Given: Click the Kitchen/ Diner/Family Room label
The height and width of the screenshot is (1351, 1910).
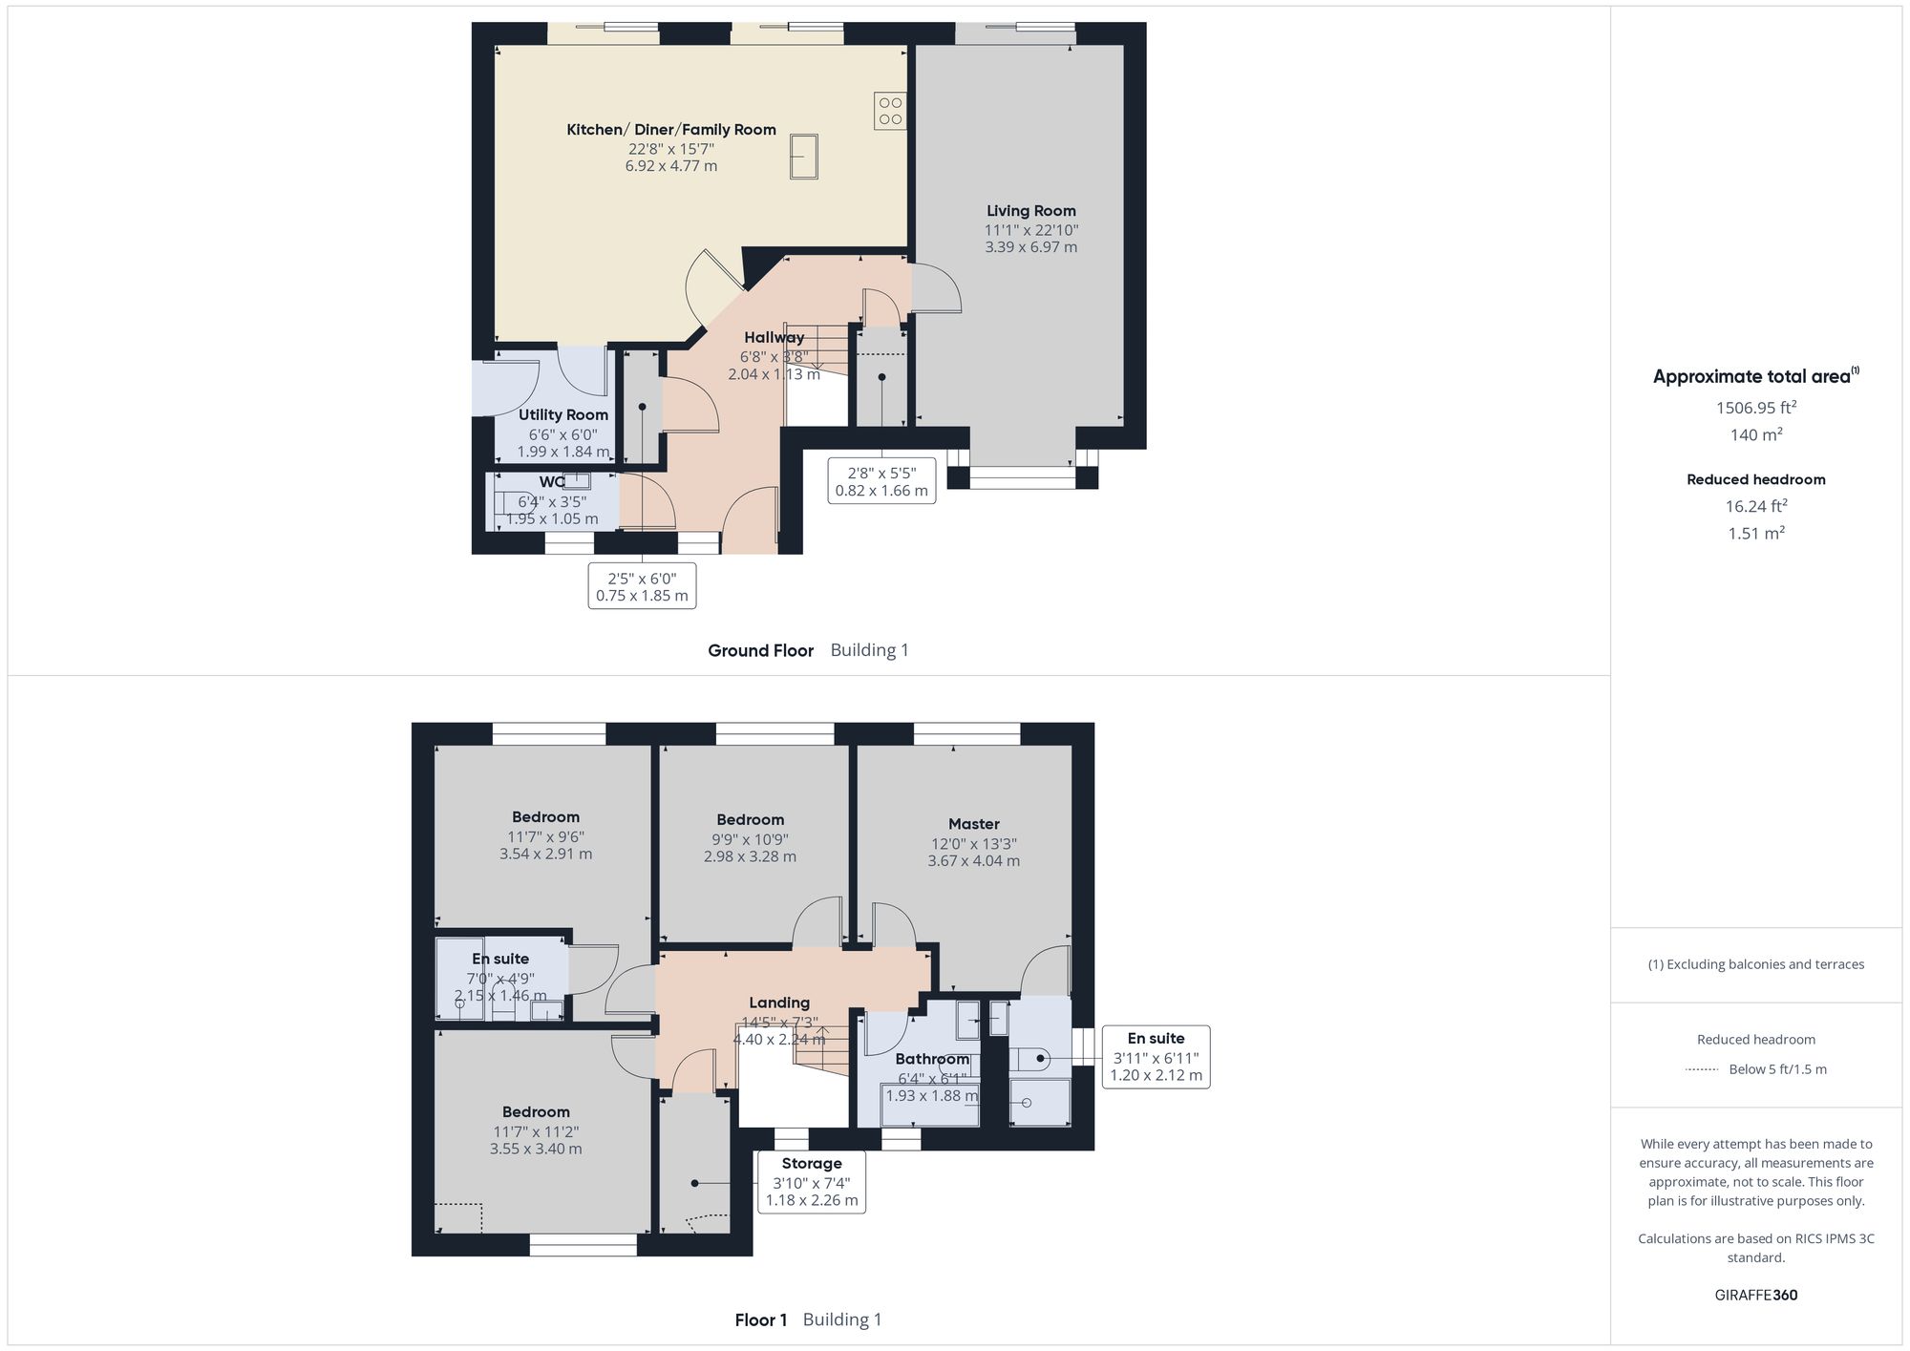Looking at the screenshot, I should [x=670, y=130].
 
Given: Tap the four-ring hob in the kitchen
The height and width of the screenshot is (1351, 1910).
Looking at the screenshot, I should [x=890, y=111].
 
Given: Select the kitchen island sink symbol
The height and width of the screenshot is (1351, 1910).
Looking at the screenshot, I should [x=803, y=157].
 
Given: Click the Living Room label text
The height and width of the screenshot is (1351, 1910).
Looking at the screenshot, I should [x=1030, y=211].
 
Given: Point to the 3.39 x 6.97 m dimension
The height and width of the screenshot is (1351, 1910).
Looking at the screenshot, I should [x=1030, y=247].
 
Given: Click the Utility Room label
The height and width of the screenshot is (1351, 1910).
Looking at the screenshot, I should [x=562, y=415].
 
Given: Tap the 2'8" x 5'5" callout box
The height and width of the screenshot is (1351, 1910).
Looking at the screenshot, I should [x=881, y=481].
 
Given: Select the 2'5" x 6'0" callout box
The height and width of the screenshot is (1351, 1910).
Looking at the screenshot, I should [x=642, y=586].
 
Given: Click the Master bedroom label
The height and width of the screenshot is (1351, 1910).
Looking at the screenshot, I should [x=973, y=824].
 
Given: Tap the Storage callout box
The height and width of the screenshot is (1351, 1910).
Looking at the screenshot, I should [x=811, y=1182].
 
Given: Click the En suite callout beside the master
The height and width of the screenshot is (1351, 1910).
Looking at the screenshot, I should [x=1156, y=1057].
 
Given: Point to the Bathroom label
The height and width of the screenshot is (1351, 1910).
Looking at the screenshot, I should [x=931, y=1060].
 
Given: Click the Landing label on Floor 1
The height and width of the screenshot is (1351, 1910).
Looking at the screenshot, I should [x=779, y=1003].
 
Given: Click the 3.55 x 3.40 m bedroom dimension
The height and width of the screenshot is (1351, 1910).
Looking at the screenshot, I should [x=536, y=1150].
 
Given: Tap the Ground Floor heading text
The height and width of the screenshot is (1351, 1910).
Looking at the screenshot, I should [x=760, y=651].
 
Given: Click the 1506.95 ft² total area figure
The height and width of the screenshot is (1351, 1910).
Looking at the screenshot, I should [x=1755, y=408].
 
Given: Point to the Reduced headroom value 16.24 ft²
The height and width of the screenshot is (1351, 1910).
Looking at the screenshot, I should [x=1755, y=507].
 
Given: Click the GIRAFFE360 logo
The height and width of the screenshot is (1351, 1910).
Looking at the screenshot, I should [x=1755, y=1296].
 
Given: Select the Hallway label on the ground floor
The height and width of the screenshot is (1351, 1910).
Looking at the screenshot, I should [x=774, y=338].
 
